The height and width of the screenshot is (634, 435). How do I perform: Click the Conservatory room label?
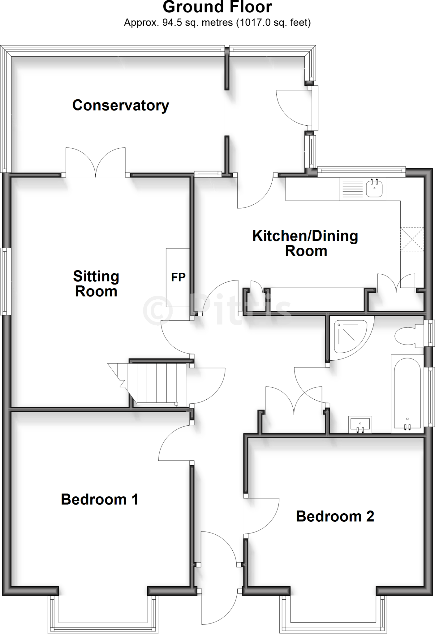click(121, 105)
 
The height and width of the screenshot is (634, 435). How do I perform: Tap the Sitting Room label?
click(96, 284)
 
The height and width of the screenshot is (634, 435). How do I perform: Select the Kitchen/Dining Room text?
click(305, 243)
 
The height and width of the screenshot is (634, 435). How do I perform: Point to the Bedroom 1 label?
click(99, 499)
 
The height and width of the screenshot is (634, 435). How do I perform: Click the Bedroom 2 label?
click(335, 516)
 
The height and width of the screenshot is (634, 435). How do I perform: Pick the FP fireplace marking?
click(178, 277)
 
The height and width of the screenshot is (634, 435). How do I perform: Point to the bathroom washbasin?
click(360, 424)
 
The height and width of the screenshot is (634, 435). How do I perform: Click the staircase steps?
click(156, 384)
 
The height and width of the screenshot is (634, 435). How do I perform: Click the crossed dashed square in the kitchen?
click(412, 239)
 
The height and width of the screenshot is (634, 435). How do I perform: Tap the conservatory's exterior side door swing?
click(292, 107)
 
